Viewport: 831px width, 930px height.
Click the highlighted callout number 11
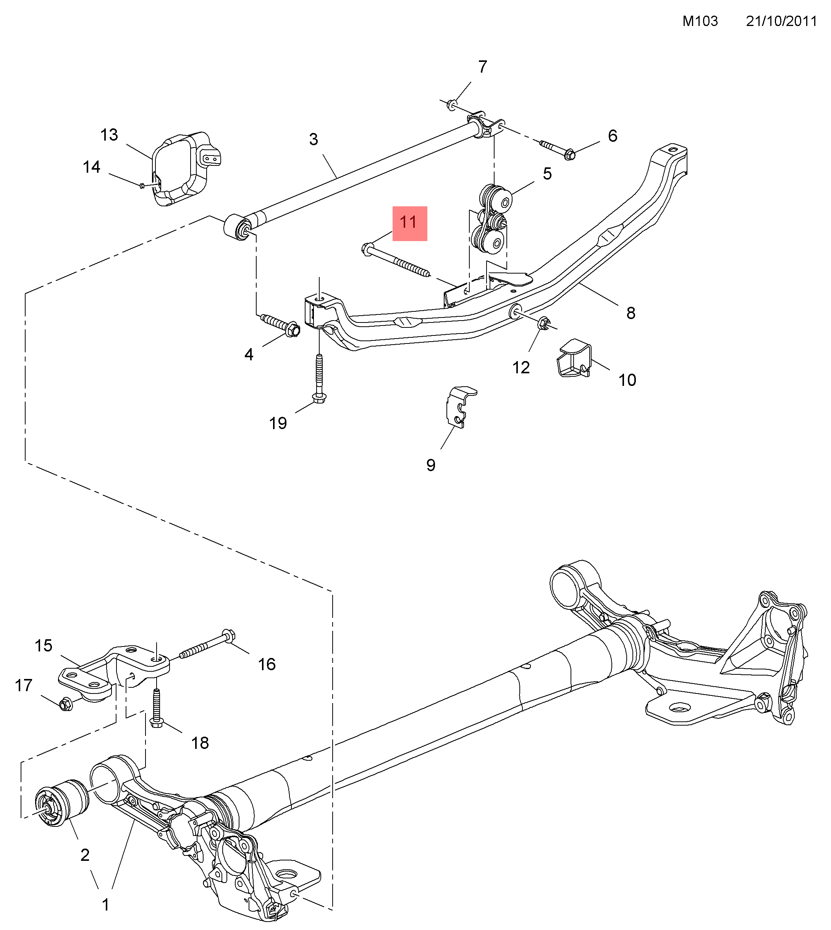(x=409, y=223)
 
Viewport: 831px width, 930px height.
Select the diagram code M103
(x=700, y=21)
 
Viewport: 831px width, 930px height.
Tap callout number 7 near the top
(x=483, y=67)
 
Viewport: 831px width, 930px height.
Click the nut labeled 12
(x=543, y=323)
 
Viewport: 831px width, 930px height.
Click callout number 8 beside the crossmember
(x=631, y=313)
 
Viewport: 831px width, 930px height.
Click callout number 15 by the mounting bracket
(x=44, y=645)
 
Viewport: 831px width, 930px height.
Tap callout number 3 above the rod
(x=313, y=139)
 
